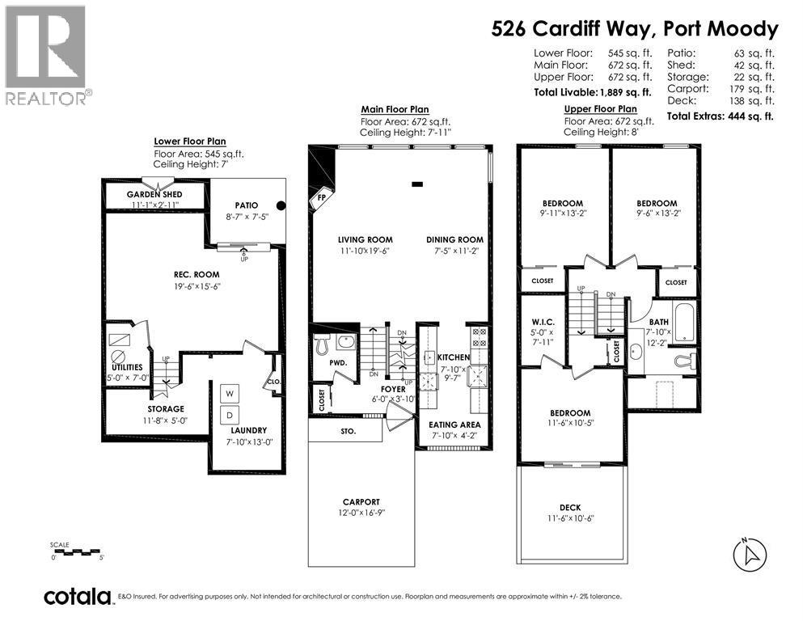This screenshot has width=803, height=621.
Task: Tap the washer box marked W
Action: pyautogui.click(x=230, y=394)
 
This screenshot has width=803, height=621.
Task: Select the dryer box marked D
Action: pyautogui.click(x=230, y=414)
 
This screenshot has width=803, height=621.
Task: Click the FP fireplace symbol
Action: pyautogui.click(x=322, y=196)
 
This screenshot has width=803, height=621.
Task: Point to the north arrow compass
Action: pyautogui.click(x=750, y=555)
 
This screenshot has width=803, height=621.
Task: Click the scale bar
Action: pyautogui.click(x=78, y=552)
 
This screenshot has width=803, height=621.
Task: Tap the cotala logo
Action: pyautogui.click(x=78, y=597)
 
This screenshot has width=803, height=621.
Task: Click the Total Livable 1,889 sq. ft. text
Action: pyautogui.click(x=593, y=93)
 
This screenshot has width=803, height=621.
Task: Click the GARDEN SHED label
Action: pyautogui.click(x=154, y=195)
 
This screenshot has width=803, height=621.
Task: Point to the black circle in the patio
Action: pyautogui.click(x=280, y=205)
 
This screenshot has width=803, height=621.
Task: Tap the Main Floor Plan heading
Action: pyautogui.click(x=395, y=109)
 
